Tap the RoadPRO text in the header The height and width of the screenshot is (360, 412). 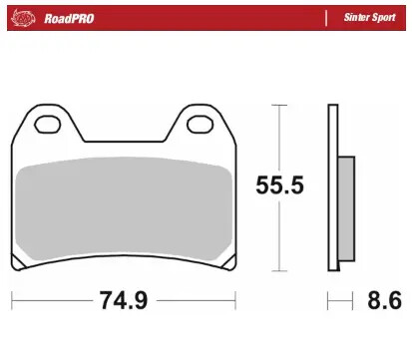(68, 17)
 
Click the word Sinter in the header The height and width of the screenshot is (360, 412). (353, 17)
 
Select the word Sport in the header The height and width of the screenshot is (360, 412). (382, 17)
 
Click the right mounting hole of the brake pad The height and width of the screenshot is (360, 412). (199, 126)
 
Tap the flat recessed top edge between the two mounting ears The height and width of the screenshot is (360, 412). (123, 142)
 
